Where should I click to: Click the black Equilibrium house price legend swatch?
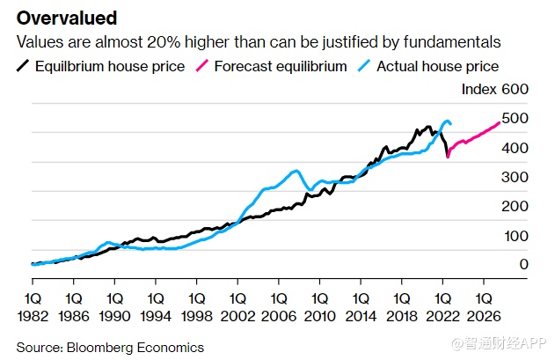point(24,66)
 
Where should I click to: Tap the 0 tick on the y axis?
point(523,264)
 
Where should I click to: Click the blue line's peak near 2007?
point(296,171)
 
